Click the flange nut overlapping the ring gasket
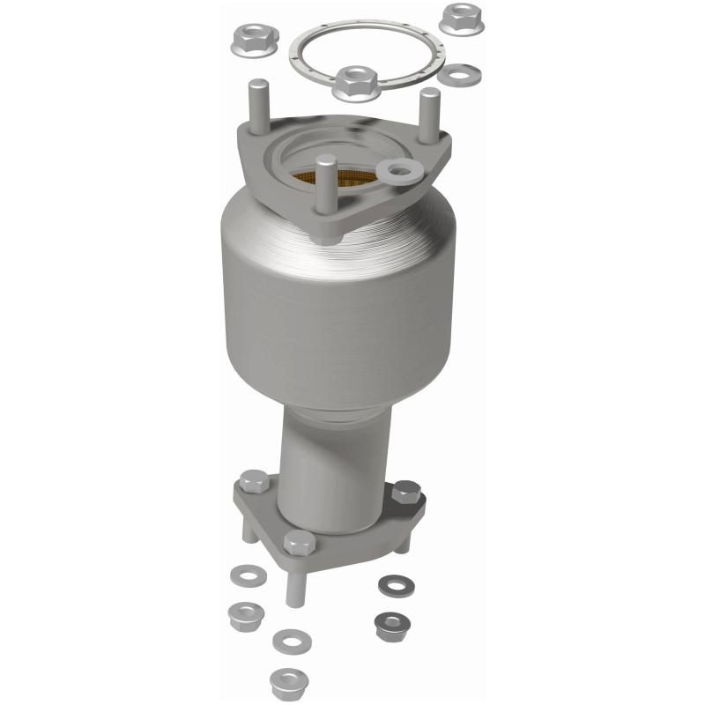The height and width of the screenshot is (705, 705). click(356, 81)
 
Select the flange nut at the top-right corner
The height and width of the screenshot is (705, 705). click(461, 19)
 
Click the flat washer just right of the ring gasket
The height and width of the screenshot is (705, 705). click(462, 74)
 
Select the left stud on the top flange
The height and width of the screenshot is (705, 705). click(261, 106)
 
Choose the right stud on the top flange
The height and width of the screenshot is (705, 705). click(428, 115)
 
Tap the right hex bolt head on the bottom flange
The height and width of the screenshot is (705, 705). click(406, 493)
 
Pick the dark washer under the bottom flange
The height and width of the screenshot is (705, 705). click(391, 584)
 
